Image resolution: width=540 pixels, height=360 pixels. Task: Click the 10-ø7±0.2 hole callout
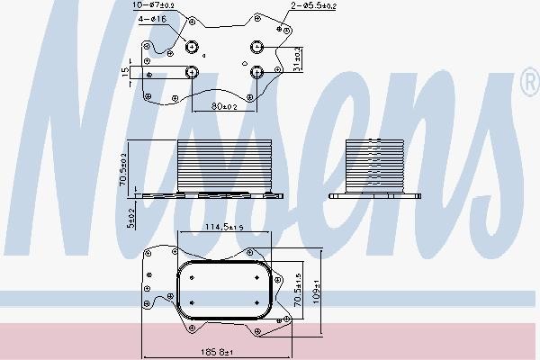pos(154,4)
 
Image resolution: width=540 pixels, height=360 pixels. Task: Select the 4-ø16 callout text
pos(152,19)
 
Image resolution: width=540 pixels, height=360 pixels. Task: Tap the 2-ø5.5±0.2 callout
pos(313,5)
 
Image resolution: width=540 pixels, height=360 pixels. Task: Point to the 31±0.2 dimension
pos(298,59)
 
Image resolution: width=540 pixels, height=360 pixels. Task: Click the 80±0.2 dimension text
pos(224,106)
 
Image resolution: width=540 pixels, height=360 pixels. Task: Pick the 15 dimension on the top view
pos(125,72)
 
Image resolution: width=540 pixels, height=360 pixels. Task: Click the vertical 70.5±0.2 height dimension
pos(123,169)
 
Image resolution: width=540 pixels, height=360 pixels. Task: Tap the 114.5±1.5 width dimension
pos(224,227)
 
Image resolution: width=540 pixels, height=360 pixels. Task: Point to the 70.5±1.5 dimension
pos(298,290)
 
